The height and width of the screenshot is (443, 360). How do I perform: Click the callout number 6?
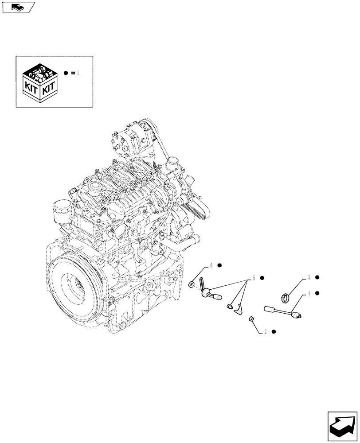211,265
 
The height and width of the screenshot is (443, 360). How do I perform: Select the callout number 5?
254,278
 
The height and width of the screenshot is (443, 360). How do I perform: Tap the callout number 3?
309,278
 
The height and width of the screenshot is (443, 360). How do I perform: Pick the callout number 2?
265,332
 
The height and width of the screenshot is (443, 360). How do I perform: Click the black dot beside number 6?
219,265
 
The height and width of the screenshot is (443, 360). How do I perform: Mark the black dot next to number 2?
274,332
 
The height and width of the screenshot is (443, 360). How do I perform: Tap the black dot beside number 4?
318,293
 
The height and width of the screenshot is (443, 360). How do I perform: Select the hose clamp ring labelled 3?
286,297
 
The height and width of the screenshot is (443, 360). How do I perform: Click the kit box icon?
40,82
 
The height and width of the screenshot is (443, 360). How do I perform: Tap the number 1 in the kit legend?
78,73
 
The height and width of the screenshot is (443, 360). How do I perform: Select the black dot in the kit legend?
66,73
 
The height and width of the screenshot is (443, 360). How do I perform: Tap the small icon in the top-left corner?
18,7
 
